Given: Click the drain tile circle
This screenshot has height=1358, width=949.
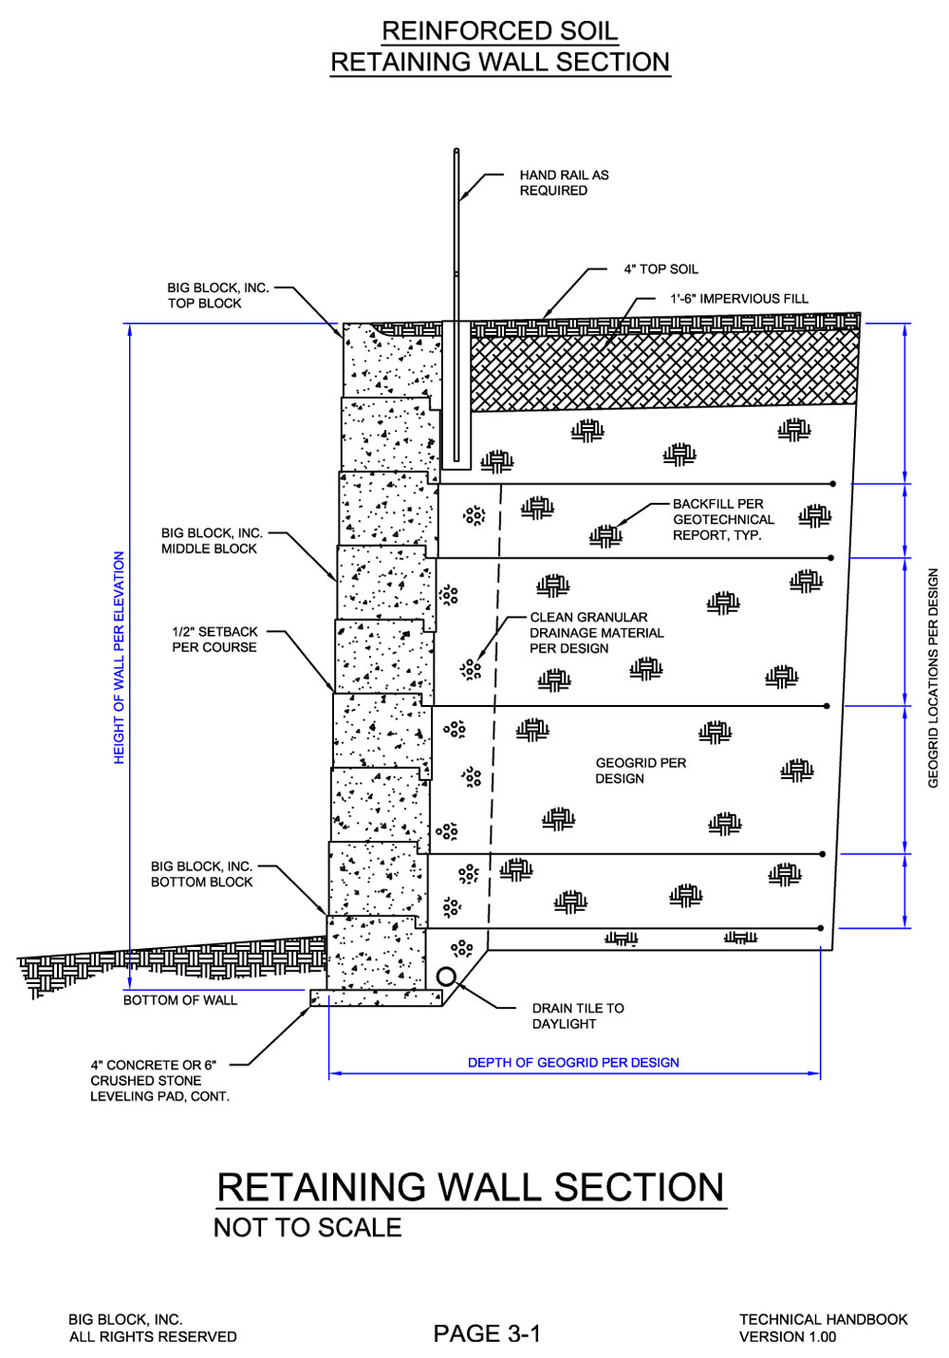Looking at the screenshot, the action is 446,977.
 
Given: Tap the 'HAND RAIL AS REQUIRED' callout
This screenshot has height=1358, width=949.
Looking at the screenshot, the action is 564,182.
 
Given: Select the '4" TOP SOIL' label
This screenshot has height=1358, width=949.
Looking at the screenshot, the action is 661,270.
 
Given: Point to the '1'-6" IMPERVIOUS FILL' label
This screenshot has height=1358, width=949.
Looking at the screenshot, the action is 738,298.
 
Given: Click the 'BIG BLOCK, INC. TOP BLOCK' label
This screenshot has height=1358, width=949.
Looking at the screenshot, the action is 218,295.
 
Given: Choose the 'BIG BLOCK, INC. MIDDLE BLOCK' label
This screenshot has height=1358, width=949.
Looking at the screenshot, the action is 212,541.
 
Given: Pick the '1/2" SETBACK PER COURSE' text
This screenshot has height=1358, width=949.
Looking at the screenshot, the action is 214,639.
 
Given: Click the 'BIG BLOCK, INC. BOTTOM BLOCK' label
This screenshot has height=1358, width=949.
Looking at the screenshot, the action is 201,874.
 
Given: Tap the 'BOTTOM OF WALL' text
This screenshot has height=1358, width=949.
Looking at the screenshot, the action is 180,999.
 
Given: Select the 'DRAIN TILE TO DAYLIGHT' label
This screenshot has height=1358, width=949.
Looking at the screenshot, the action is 578,1015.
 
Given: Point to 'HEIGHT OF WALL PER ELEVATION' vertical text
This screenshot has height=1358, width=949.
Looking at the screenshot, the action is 119,658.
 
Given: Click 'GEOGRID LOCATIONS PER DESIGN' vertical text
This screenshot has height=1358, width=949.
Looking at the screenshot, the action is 933,678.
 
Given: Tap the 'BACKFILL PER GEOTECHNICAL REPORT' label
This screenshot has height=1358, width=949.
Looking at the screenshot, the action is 723,519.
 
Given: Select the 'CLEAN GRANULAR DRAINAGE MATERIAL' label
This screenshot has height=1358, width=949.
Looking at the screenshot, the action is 597,632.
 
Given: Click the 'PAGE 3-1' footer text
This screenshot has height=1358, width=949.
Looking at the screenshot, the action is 486,1333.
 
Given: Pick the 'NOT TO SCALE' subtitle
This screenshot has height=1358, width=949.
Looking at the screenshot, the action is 307,1228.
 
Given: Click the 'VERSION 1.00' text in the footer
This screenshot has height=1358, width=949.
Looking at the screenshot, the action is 787,1336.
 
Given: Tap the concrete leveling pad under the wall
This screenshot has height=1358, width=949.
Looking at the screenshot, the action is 377,998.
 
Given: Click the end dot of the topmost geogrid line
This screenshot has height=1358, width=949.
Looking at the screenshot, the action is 832,484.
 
